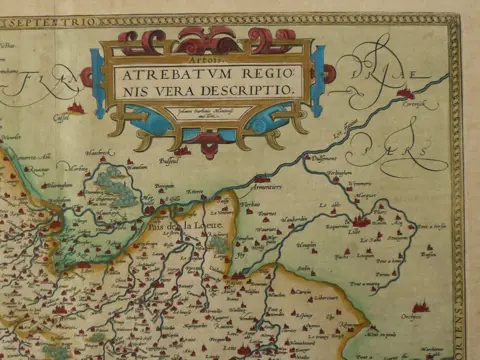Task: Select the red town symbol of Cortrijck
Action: [405, 92]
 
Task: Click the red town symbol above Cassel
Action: [74, 106]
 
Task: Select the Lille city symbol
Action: [361, 220]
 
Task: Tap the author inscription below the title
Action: [205, 112]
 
